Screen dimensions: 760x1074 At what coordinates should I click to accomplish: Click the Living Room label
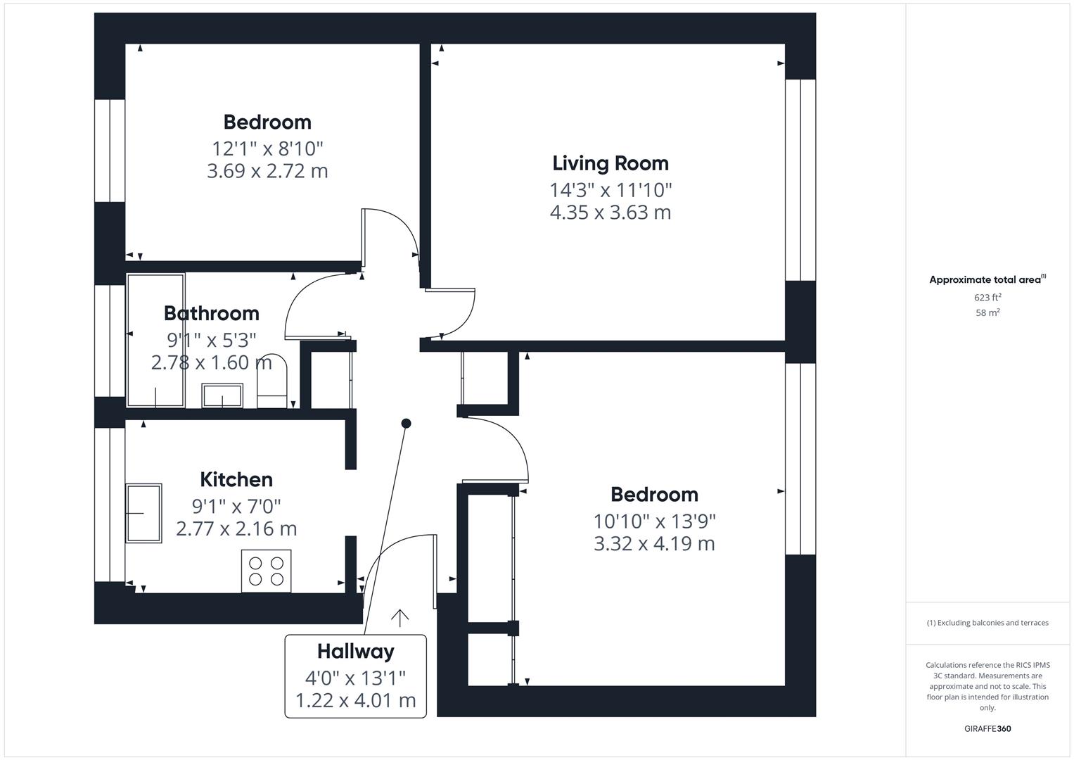pyautogui.click(x=610, y=163)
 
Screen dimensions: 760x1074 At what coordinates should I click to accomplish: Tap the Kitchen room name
pyautogui.click(x=236, y=479)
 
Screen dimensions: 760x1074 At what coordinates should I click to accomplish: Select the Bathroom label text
pyautogui.click(x=211, y=313)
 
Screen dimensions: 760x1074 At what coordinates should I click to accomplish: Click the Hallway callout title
pyautogui.click(x=355, y=652)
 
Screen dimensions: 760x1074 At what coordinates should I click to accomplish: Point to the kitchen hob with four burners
pyautogui.click(x=266, y=571)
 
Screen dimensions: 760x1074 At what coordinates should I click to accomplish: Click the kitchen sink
pyautogui.click(x=143, y=513)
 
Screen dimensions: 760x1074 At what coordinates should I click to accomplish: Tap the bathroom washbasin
pyautogui.click(x=222, y=395)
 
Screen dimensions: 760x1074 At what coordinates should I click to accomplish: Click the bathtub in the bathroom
pyautogui.click(x=155, y=341)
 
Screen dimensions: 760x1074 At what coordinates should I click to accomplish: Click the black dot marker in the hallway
pyautogui.click(x=406, y=423)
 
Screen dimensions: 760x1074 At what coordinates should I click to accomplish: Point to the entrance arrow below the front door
pyautogui.click(x=399, y=617)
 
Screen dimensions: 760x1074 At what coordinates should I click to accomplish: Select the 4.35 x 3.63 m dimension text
pyautogui.click(x=610, y=213)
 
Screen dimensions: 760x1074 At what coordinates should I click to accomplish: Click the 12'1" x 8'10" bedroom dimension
pyautogui.click(x=267, y=148)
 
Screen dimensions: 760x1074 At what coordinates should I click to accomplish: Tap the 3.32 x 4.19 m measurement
pyautogui.click(x=654, y=544)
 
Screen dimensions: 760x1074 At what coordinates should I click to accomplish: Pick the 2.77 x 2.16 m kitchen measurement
pyautogui.click(x=236, y=528)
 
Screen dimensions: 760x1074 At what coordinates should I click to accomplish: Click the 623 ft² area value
pyautogui.click(x=987, y=297)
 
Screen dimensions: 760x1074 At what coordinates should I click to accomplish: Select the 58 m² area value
pyautogui.click(x=987, y=312)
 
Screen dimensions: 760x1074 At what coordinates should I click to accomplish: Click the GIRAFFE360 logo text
pyautogui.click(x=987, y=728)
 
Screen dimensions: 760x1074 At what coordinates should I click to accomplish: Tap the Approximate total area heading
pyautogui.click(x=987, y=279)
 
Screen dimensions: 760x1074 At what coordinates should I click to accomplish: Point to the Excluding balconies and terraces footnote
pyautogui.click(x=987, y=623)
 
